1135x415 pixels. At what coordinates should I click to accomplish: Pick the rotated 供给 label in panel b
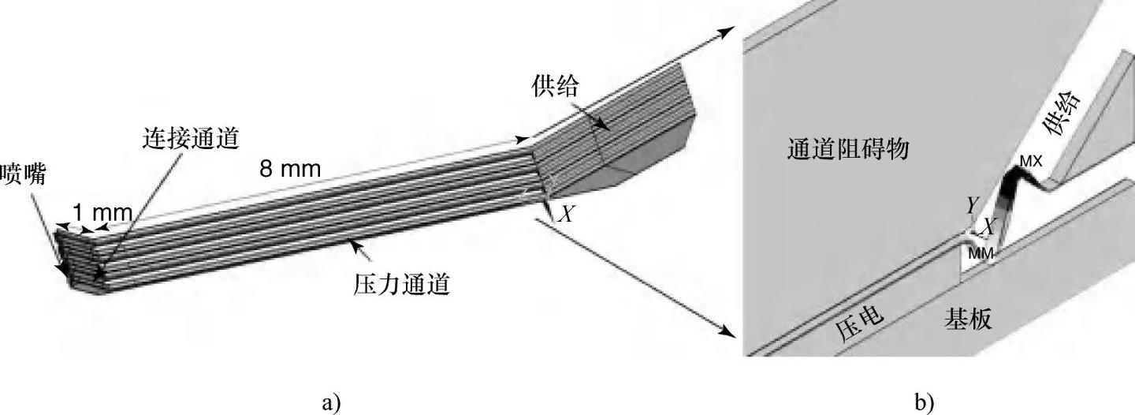1062,113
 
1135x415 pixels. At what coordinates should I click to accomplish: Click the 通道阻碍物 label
847,148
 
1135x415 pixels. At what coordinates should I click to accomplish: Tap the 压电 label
860,323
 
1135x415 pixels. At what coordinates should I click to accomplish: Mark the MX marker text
1031,162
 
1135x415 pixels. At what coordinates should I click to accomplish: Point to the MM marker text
980,253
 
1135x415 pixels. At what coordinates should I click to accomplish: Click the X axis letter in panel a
565,213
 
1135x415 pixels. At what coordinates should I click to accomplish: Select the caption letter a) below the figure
331,402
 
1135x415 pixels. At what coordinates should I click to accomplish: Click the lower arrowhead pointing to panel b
727,330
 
